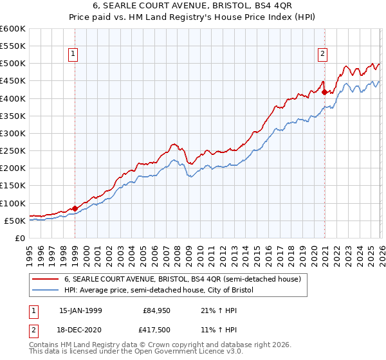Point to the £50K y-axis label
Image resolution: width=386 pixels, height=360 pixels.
pyautogui.click(x=14, y=221)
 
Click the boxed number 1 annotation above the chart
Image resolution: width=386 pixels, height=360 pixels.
pyautogui.click(x=75, y=55)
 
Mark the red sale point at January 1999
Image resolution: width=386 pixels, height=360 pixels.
pyautogui.click(x=75, y=208)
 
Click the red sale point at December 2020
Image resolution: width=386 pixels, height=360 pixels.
pyautogui.click(x=324, y=92)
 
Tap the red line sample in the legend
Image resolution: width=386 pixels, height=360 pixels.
pyautogui.click(x=46, y=280)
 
